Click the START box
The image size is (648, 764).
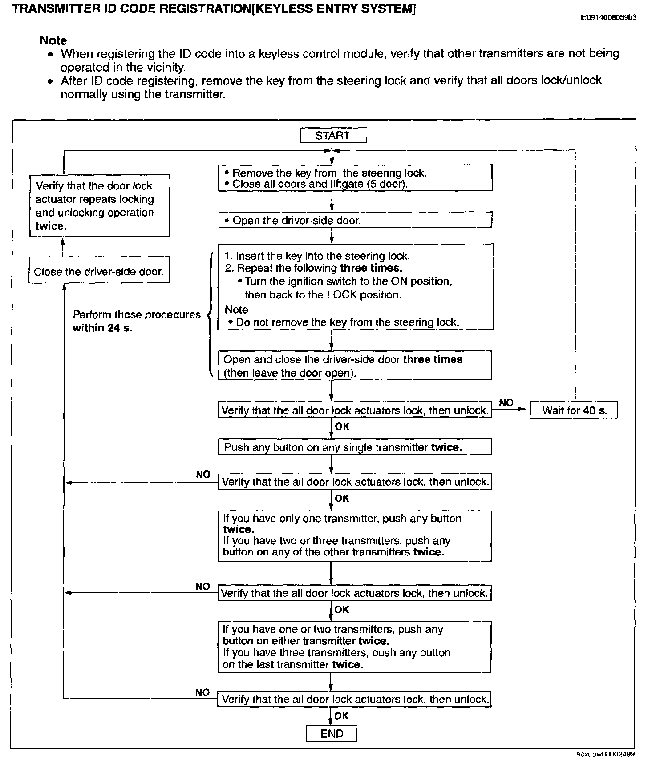pyautogui.click(x=333, y=135)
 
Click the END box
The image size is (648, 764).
pyautogui.click(x=332, y=733)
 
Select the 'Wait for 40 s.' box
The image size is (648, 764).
pyautogui.click(x=574, y=410)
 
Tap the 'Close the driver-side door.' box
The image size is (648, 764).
pyautogui.click(x=99, y=271)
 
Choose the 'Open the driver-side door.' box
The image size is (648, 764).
pyautogui.click(x=355, y=220)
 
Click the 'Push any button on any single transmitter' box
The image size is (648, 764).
pyautogui.click(x=355, y=447)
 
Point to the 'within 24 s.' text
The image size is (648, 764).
pyautogui.click(x=102, y=328)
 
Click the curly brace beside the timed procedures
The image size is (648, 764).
pyautogui.click(x=209, y=315)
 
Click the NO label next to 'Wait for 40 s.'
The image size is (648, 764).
pyautogui.click(x=506, y=403)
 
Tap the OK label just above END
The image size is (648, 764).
pyautogui.click(x=341, y=716)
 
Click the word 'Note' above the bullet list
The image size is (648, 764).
pyautogui.click(x=53, y=40)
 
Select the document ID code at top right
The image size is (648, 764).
pyautogui.click(x=608, y=18)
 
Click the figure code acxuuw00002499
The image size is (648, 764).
pyautogui.click(x=606, y=754)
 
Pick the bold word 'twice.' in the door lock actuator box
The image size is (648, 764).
pyautogui.click(x=51, y=226)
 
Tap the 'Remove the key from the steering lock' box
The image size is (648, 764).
pyautogui.click(x=355, y=178)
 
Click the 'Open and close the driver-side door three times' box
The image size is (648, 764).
pyautogui.click(x=355, y=366)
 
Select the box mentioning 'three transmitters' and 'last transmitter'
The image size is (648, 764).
pyautogui.click(x=355, y=647)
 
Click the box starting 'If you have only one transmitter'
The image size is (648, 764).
pyautogui.click(x=355, y=535)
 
